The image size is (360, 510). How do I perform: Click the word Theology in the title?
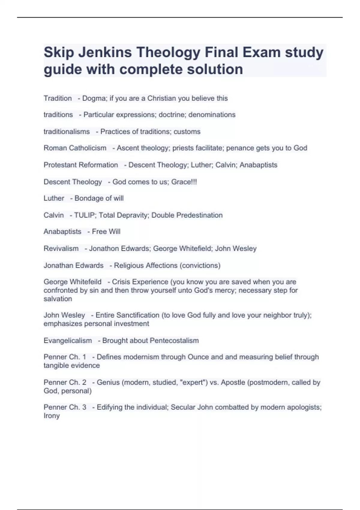[x=168, y=52]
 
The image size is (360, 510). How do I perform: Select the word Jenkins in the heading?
[x=105, y=52]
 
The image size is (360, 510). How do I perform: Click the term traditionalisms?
[x=67, y=132]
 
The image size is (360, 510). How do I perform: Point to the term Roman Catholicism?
[x=75, y=148]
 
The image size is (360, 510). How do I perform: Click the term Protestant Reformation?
[x=81, y=165]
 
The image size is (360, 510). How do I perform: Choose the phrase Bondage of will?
[x=99, y=198]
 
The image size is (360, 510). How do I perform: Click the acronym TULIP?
[x=84, y=215]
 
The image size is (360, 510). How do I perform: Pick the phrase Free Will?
[x=106, y=232]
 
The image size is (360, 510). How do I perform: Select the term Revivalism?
[x=61, y=249]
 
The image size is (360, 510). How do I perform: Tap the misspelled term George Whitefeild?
[x=72, y=282]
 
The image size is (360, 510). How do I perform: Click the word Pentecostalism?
[x=174, y=341]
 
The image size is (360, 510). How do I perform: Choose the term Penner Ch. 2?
[x=65, y=382]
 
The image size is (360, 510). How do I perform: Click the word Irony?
[x=52, y=416]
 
